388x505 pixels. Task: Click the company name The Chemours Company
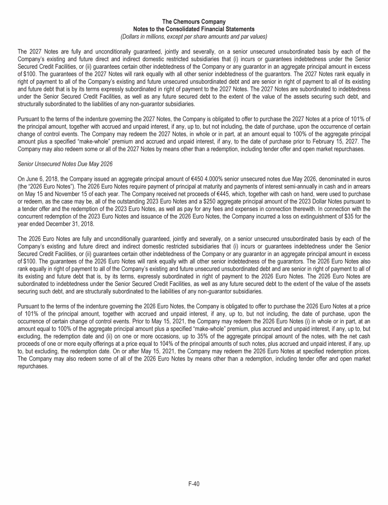[x=194, y=22]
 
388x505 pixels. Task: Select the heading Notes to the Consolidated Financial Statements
[x=194, y=29]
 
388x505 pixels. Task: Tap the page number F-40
[x=194, y=484]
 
